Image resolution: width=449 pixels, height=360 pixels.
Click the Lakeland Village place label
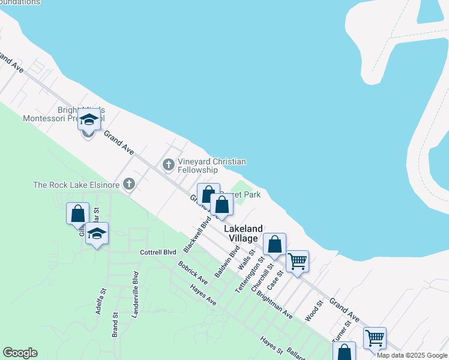click(244, 233)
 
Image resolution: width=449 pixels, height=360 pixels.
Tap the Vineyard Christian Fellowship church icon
click(168, 163)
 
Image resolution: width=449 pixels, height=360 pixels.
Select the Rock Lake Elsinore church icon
click(128, 184)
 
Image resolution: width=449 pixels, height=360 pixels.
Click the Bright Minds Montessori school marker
click(89, 121)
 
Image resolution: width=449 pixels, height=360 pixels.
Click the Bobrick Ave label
click(192, 272)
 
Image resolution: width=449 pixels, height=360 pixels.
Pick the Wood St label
click(313, 310)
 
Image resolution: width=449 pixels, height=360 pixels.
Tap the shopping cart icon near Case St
click(297, 261)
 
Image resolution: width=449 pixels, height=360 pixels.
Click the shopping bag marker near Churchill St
click(274, 244)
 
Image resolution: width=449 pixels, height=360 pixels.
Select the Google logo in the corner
click(20, 353)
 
